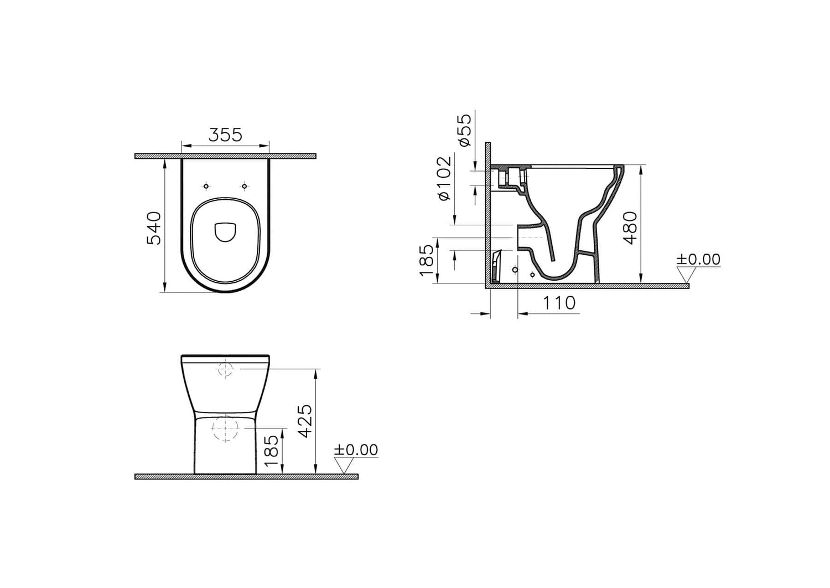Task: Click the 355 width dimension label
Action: point(225,135)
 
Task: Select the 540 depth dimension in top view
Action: point(154,228)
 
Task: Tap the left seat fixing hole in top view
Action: point(206,186)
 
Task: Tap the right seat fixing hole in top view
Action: point(244,186)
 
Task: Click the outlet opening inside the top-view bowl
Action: point(225,232)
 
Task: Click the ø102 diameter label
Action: point(444,178)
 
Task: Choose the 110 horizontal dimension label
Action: point(559,303)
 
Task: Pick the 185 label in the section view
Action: point(426,260)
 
